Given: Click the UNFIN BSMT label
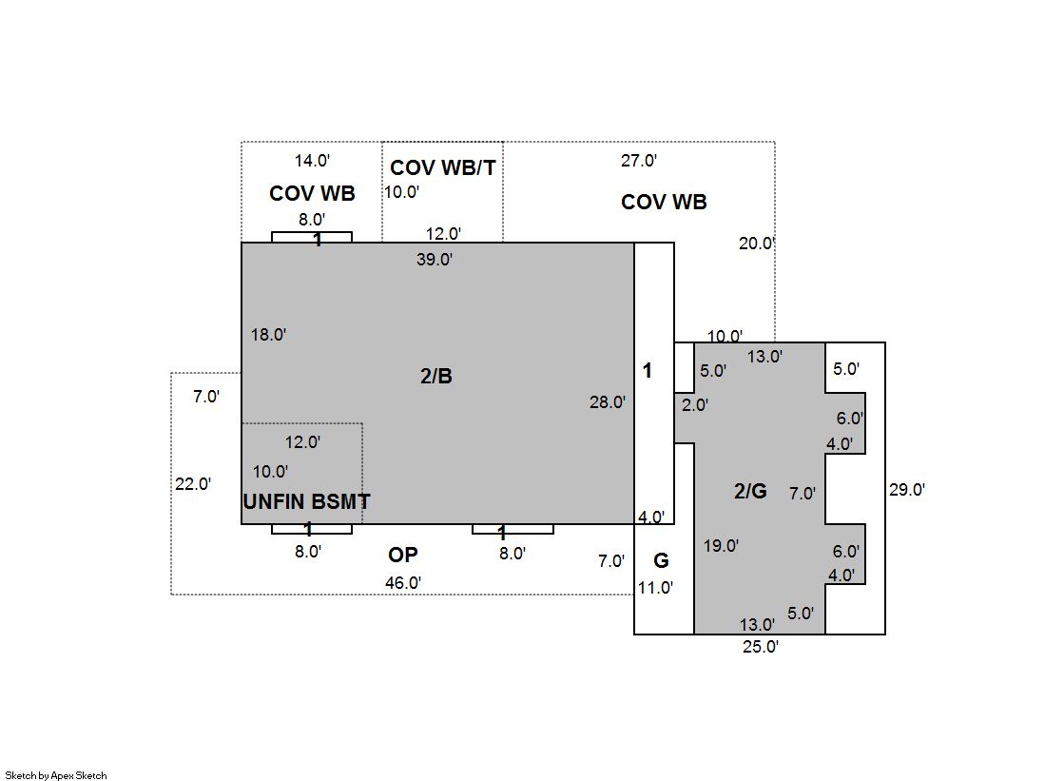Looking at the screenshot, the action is pos(307,502).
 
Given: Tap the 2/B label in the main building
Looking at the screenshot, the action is pos(436,376).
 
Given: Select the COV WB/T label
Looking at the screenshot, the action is pos(443,167).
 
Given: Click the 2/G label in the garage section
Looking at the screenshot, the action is pos(750,490).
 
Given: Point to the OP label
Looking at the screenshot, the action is pos(403,555).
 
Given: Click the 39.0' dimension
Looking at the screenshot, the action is pos(435,260).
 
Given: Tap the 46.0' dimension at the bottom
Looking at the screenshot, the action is pos(403,583).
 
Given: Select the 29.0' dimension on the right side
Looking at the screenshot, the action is pos(907,490).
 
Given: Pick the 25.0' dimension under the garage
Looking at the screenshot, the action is pos(761,647).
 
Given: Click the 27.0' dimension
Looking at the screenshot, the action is pos(639,160).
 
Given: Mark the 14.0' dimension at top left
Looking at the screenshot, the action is pos(312,161).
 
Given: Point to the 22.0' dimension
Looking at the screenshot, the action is pos(193,484).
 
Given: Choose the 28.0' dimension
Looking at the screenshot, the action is pos(608,402).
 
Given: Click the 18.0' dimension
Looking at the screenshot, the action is pos(269,335).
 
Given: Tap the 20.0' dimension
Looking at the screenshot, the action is pos(757,244).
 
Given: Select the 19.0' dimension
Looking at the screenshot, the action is pos(722,546).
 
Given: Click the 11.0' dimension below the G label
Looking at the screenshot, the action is pos(655,588).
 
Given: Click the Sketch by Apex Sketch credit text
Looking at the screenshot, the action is pos(56,775).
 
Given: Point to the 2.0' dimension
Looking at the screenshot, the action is pos(695,405).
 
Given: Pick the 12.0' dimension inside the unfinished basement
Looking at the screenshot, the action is pos(302,442).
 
